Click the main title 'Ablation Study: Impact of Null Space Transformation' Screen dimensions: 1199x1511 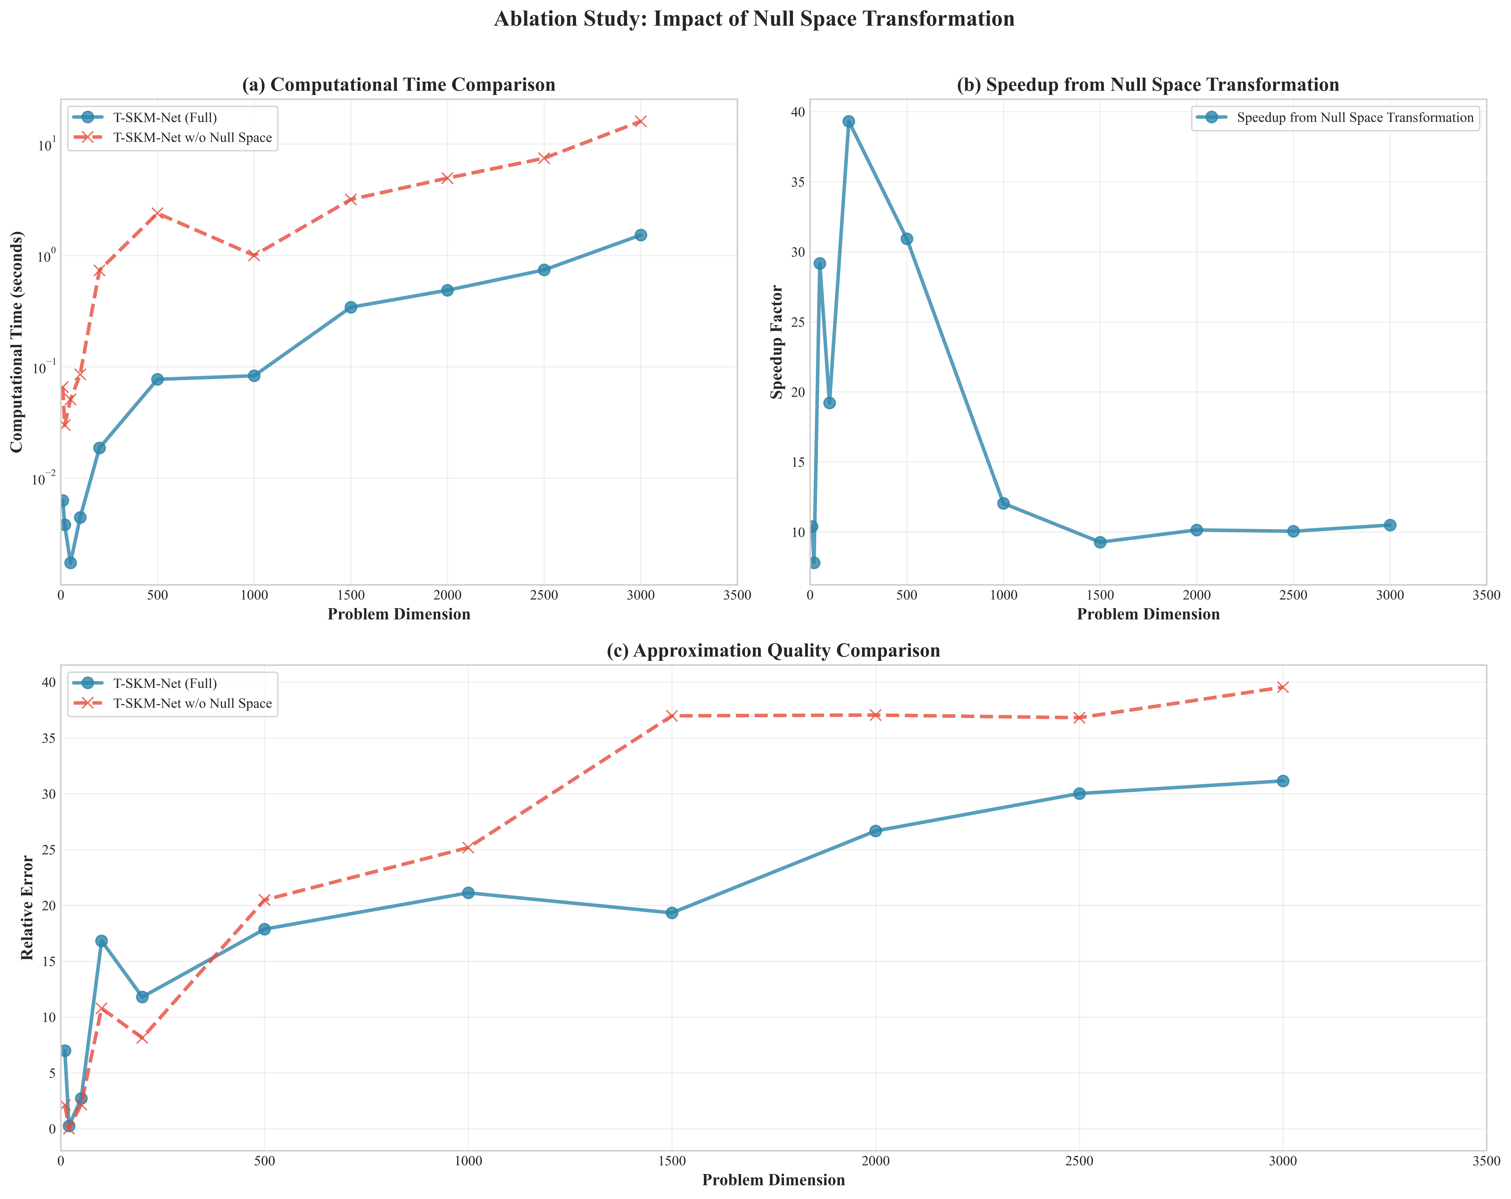pos(754,19)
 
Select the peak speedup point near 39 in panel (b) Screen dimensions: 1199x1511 pos(848,121)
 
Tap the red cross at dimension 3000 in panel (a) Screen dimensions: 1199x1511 pos(640,121)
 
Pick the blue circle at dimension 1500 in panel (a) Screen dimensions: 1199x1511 pos(350,307)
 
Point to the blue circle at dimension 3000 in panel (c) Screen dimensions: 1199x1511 pos(1283,781)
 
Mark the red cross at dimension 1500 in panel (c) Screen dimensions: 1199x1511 pos(671,716)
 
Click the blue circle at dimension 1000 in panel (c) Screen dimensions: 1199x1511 pos(468,893)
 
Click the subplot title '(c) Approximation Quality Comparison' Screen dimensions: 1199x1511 pos(773,651)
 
